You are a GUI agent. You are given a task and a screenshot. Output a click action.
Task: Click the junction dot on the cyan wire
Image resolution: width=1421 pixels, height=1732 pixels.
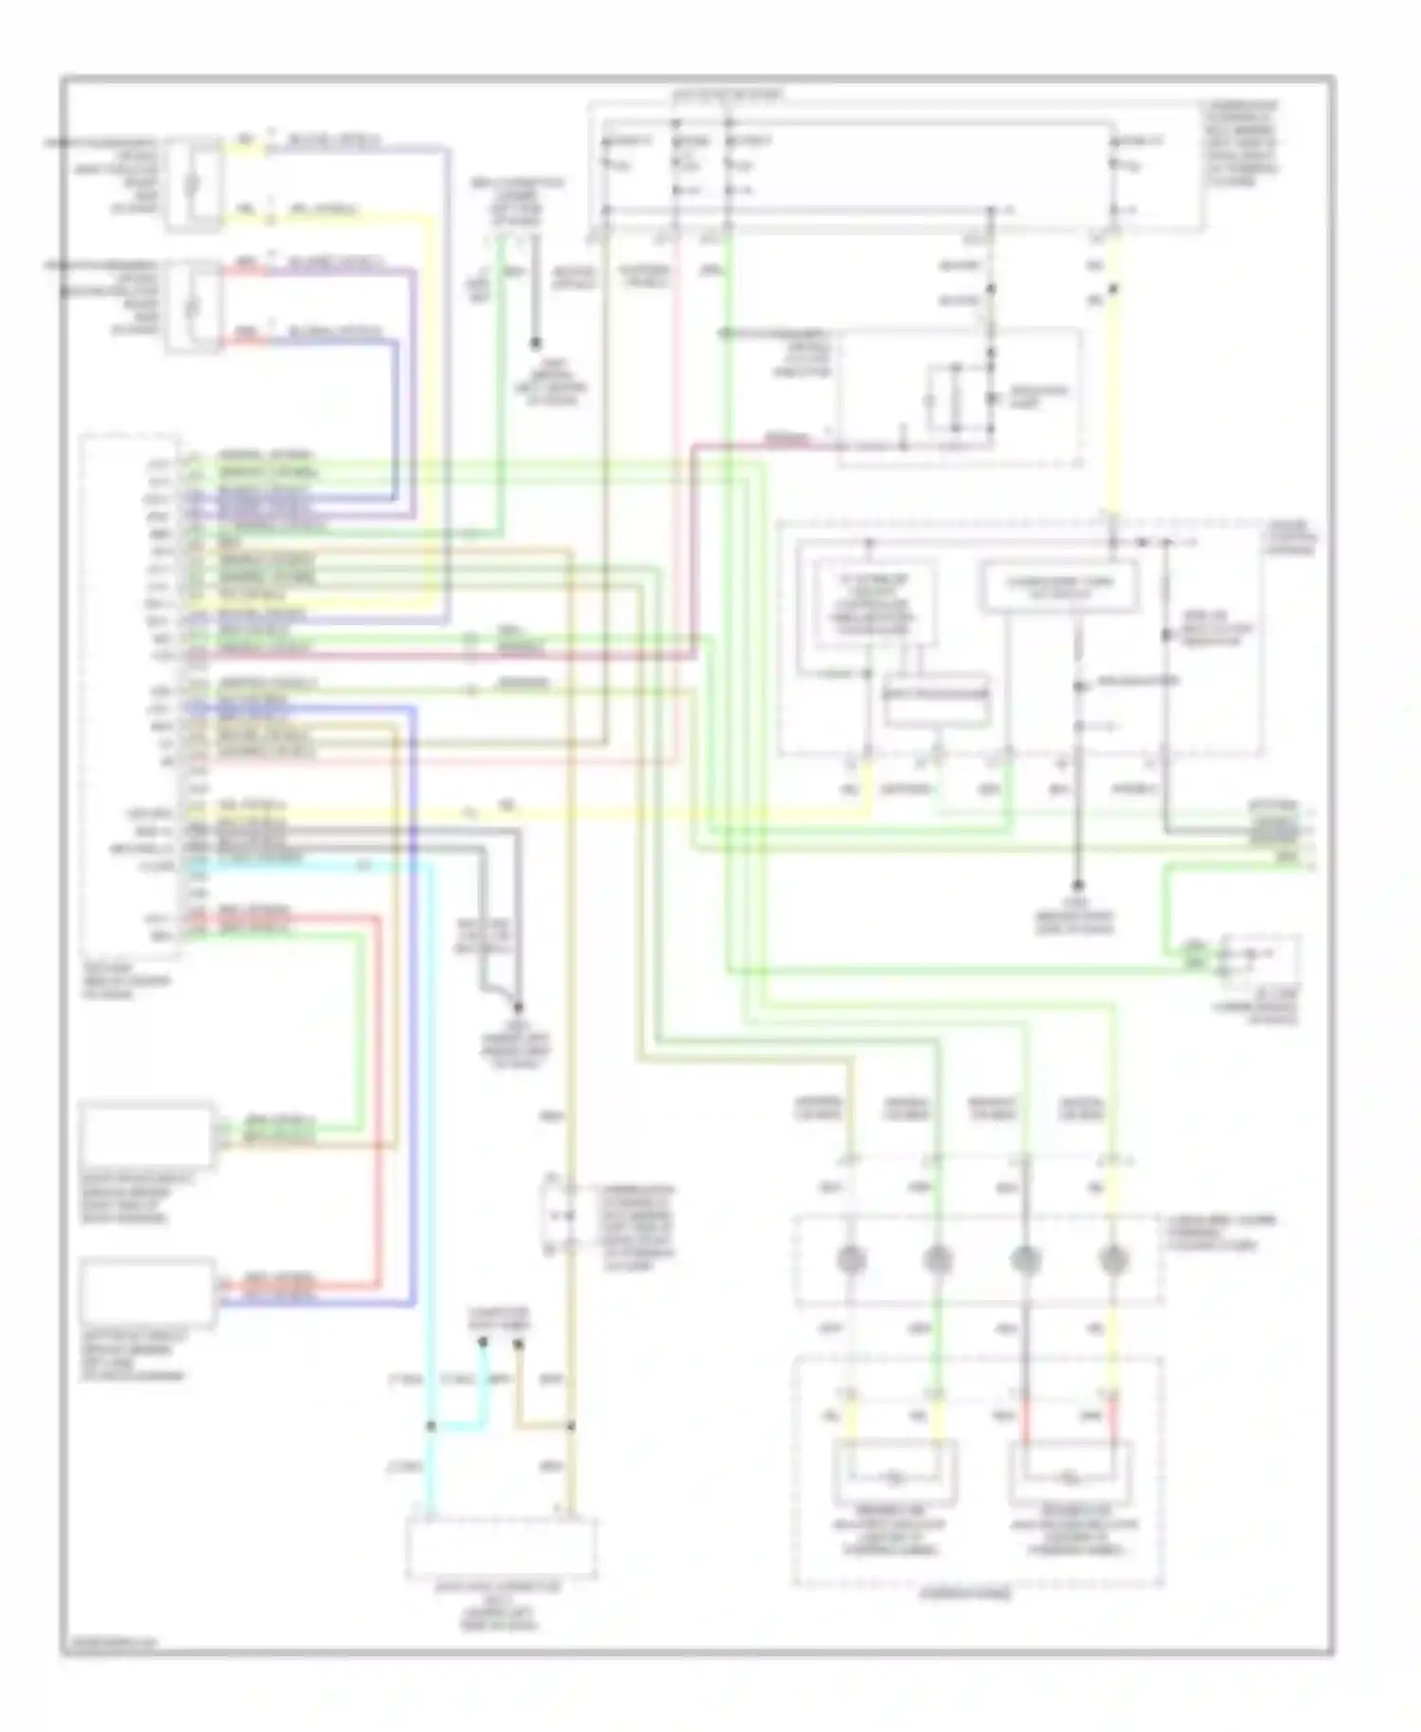(431, 1425)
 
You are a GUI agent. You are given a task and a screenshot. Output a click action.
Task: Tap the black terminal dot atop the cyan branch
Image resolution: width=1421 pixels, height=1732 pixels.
(483, 1343)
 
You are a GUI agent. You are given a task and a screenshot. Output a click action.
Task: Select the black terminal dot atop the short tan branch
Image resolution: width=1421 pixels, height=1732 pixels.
(518, 1343)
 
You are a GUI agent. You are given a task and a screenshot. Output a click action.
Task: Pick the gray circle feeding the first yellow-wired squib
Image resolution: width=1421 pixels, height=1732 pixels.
(852, 1259)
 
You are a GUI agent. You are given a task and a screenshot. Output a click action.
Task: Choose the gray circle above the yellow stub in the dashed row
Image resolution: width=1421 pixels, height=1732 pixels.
(1112, 1259)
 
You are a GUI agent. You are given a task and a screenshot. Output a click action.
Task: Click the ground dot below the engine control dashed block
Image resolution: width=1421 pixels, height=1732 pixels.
(1077, 884)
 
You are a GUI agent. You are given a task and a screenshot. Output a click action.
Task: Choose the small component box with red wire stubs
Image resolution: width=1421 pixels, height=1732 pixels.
(194, 306)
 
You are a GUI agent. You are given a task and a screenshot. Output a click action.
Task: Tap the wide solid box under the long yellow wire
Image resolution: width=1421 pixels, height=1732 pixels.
(1059, 588)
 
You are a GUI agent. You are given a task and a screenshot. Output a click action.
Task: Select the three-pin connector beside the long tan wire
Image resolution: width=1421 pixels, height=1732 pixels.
(554, 1216)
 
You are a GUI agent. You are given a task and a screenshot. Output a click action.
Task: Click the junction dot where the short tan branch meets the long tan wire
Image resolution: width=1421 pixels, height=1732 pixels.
(571, 1425)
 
